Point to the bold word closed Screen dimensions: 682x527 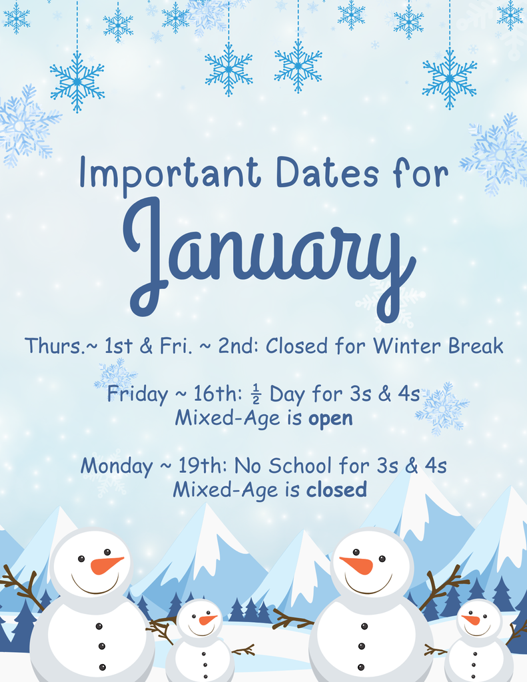click(x=336, y=490)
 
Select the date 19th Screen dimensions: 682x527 click(x=199, y=465)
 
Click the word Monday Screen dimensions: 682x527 click(x=117, y=466)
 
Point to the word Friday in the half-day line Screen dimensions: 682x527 click(x=137, y=394)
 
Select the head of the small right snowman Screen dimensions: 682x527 click(x=478, y=619)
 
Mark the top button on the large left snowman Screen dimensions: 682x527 click(x=99, y=626)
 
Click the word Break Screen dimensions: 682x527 click(x=475, y=346)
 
